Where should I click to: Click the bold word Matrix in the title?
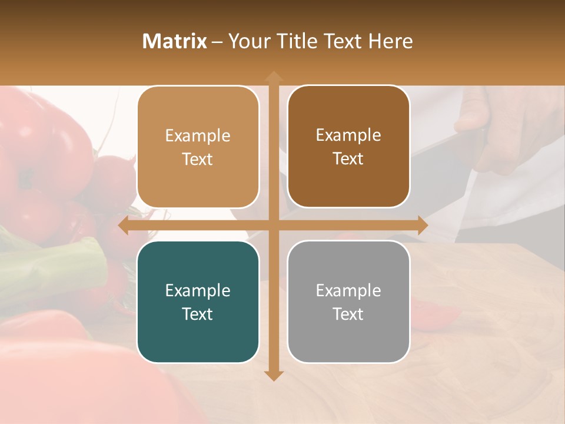(175, 41)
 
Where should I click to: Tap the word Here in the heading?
(390, 41)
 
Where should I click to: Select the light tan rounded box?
(198, 147)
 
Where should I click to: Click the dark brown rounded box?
(348, 147)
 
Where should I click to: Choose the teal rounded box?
(198, 302)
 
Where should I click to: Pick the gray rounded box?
(348, 302)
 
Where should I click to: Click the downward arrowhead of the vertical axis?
(273, 375)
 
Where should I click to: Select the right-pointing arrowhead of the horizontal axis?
(422, 225)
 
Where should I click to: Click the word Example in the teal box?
(198, 290)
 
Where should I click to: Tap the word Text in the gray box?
(348, 314)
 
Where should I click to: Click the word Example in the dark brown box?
(348, 135)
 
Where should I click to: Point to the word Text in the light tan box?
(198, 159)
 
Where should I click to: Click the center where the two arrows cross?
(273, 225)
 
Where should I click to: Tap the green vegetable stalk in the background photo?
(53, 265)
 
